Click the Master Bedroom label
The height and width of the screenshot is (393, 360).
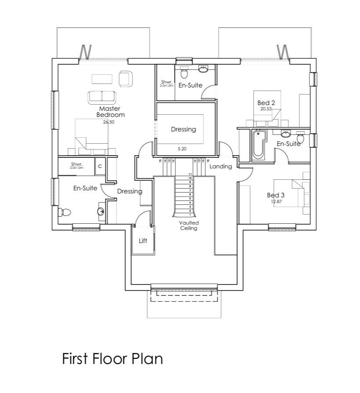[110, 112]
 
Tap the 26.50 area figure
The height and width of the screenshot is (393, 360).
[109, 122]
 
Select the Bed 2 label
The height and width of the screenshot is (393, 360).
[266, 103]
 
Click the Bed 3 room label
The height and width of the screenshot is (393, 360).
[276, 195]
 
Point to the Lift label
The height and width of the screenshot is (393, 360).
[143, 241]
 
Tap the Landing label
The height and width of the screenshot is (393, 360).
[220, 167]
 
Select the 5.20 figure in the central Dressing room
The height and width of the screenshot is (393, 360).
[182, 149]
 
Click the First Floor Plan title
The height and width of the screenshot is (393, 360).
[112, 359]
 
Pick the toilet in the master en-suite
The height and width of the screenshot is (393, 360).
[65, 212]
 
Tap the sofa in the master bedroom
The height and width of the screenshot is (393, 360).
[102, 96]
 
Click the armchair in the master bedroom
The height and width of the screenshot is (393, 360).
[125, 78]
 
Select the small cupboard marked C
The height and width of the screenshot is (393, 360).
[100, 166]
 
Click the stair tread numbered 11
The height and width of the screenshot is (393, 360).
[190, 175]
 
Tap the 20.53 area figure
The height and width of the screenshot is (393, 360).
[266, 109]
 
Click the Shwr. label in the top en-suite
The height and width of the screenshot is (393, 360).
[166, 82]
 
